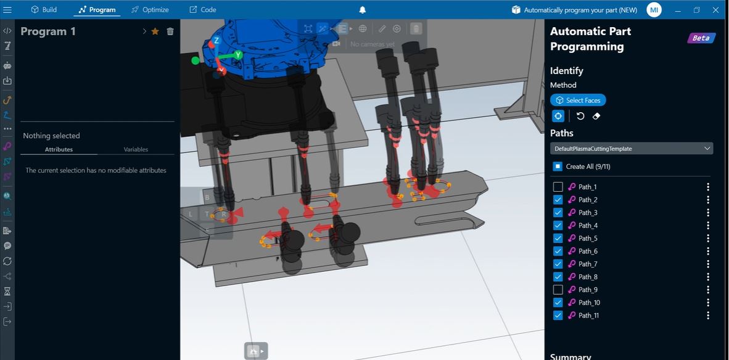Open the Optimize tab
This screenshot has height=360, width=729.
pyautogui.click(x=150, y=10)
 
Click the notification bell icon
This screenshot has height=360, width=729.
pyautogui.click(x=363, y=10)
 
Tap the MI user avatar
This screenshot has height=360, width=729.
pyautogui.click(x=654, y=10)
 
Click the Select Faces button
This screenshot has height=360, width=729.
pyautogui.click(x=578, y=100)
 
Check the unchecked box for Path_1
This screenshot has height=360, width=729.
pyautogui.click(x=558, y=187)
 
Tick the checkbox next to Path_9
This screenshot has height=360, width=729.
pyautogui.click(x=558, y=290)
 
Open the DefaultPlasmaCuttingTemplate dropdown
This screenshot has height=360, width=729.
pyautogui.click(x=631, y=149)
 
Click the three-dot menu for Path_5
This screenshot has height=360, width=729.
pyautogui.click(x=708, y=239)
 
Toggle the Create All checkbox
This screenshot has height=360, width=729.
pyautogui.click(x=558, y=166)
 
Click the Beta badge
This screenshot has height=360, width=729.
pyautogui.click(x=701, y=38)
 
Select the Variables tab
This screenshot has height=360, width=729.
pyautogui.click(x=136, y=149)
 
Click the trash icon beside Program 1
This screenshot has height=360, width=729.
pyautogui.click(x=170, y=31)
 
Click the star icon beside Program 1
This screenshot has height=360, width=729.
pyautogui.click(x=155, y=31)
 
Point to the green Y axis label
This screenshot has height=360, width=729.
pyautogui.click(x=238, y=55)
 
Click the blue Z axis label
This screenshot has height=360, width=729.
pyautogui.click(x=216, y=41)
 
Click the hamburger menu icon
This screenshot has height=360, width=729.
pyautogui.click(x=7, y=10)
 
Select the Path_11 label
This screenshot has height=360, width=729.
pyautogui.click(x=588, y=316)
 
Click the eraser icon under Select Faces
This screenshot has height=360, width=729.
pyautogui.click(x=596, y=116)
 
